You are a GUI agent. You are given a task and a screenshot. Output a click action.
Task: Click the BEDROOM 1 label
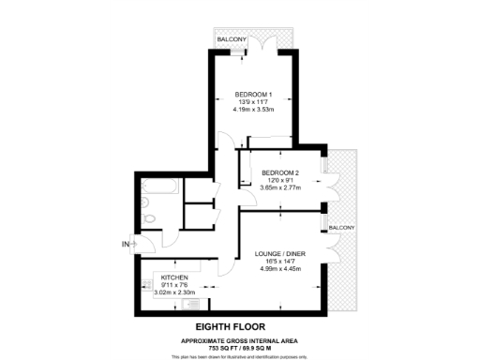click(253, 95)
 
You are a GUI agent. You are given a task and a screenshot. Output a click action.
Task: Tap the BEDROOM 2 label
click(280, 173)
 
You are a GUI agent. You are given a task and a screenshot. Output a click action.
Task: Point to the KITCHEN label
click(175, 277)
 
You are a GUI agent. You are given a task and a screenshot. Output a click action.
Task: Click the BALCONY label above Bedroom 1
click(232, 40)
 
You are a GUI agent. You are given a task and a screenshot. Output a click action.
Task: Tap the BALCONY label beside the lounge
click(341, 229)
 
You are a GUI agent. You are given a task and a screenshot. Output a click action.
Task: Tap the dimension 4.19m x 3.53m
click(253, 110)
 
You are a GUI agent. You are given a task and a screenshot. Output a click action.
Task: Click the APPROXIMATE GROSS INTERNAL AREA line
click(240, 339)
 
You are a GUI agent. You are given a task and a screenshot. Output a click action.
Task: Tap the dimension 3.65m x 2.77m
click(280, 188)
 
